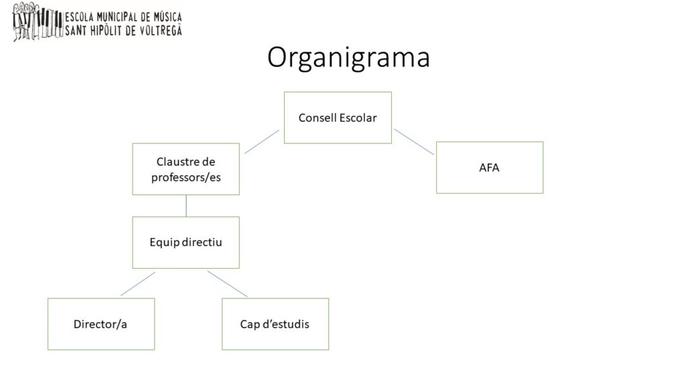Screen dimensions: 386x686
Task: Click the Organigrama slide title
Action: click(348, 58)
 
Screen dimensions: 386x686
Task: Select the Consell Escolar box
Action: click(338, 118)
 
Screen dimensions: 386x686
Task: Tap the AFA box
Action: click(490, 168)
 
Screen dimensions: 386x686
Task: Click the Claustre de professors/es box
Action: click(186, 170)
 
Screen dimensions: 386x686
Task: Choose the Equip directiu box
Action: click(186, 243)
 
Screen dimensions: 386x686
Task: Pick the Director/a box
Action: click(100, 324)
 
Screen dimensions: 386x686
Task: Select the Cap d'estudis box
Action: click(275, 324)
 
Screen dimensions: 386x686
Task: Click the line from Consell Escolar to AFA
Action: click(414, 142)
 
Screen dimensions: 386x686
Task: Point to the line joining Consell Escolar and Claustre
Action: click(262, 142)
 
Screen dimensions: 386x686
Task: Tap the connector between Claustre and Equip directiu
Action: click(186, 206)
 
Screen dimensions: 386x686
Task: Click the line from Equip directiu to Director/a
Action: click(137, 284)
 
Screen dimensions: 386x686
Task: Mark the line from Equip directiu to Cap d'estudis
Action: click(227, 284)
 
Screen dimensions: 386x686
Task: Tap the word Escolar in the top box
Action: click(358, 118)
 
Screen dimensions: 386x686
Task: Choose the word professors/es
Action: click(186, 178)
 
